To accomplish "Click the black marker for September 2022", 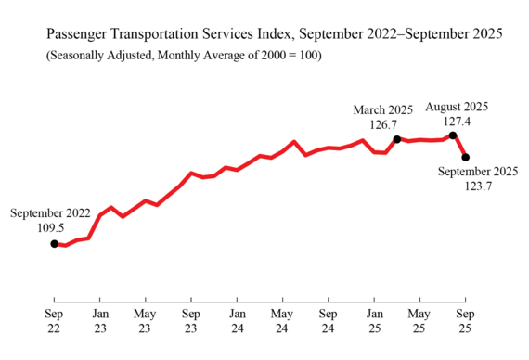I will pyautogui.click(x=54, y=243).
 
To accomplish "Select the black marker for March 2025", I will pyautogui.click(x=397, y=139).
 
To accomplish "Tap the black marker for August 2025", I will pyautogui.click(x=453, y=135).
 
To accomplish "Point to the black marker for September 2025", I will pyautogui.click(x=465, y=157).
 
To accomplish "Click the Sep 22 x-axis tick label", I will pyautogui.click(x=54, y=321).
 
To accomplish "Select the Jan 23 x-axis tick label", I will pyautogui.click(x=99, y=321).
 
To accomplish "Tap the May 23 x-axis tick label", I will pyautogui.click(x=145, y=321).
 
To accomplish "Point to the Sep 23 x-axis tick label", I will pyautogui.click(x=190, y=321).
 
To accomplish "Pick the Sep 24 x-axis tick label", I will pyautogui.click(x=328, y=321).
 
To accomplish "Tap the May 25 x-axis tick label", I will pyautogui.click(x=419, y=321).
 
